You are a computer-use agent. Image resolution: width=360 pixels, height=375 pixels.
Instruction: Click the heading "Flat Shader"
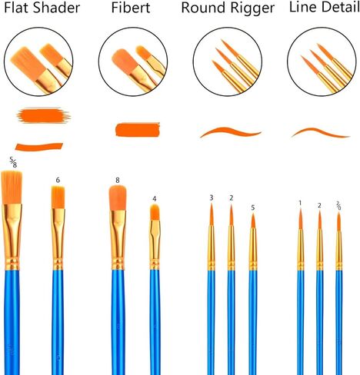42,8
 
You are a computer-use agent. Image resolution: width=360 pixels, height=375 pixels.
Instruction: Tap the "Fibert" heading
131,8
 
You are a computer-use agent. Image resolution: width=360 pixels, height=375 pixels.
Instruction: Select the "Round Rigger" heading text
228,8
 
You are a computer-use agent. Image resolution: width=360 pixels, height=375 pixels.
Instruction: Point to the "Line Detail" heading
325,7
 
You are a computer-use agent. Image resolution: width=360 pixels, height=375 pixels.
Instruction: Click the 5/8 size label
13,162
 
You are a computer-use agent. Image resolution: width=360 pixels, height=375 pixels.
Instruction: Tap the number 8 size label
118,181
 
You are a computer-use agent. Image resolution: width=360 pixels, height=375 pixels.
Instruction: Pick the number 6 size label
58,180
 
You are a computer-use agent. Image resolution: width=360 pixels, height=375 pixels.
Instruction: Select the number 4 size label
155,199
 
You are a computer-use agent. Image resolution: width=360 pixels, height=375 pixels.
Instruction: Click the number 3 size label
212,197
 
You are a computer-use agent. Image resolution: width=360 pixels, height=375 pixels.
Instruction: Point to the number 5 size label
253,207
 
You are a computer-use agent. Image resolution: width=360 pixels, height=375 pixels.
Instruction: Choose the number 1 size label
300,203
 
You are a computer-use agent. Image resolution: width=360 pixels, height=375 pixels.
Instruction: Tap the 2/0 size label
338,205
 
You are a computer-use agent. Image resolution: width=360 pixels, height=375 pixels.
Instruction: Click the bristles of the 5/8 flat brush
12,187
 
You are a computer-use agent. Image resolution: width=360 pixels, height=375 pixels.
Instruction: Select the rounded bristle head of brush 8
118,198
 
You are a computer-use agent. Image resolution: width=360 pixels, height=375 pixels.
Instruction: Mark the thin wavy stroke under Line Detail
321,131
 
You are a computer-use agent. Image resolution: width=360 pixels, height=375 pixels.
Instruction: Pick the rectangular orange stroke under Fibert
138,129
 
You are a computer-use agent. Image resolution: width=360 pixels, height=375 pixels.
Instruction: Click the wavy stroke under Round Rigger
231,131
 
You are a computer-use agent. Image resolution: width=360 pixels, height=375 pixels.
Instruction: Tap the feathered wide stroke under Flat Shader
43,115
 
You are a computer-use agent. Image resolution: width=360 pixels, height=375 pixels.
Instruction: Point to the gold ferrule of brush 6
58,239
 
